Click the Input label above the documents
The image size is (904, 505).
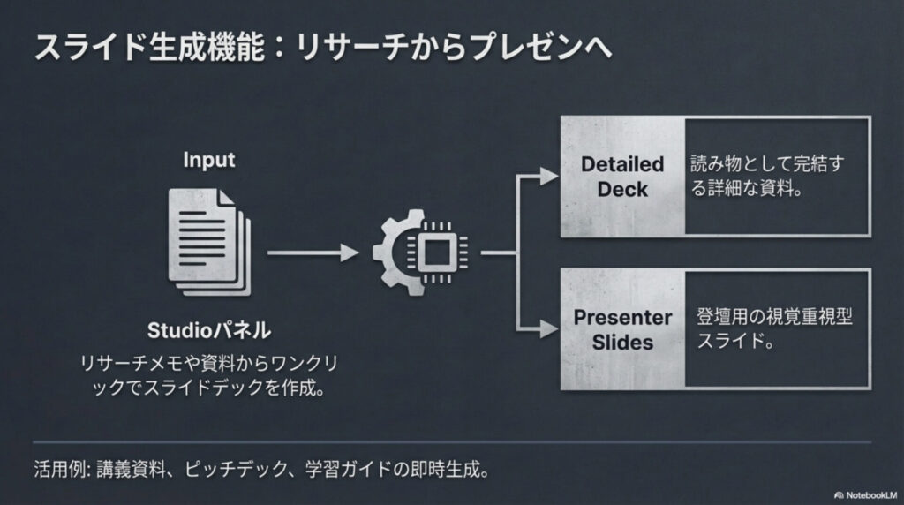(x=209, y=160)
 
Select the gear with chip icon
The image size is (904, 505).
(x=418, y=252)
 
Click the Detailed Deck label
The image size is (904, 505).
(x=622, y=177)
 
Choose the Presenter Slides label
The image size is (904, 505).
(x=622, y=329)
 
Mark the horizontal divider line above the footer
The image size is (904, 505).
(x=452, y=441)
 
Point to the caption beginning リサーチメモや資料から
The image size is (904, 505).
(x=209, y=376)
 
